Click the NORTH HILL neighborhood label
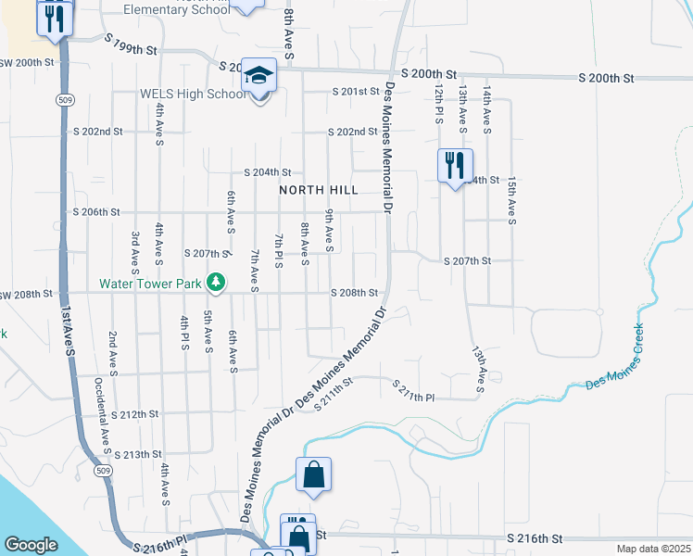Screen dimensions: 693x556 319,190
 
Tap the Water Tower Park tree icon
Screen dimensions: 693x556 215,281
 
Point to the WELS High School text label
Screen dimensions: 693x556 193,95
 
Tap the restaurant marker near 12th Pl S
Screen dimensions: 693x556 455,167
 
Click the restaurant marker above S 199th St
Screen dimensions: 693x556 55,18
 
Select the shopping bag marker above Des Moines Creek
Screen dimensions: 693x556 314,475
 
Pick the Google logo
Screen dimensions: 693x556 31,545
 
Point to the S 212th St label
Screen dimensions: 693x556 134,414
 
